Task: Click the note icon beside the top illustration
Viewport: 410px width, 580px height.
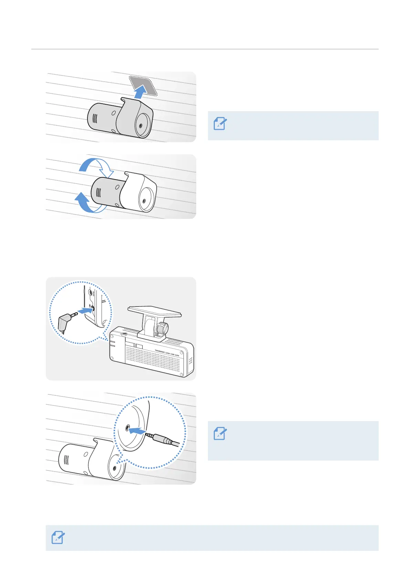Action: (220, 124)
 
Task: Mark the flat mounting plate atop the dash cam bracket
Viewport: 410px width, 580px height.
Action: (155, 311)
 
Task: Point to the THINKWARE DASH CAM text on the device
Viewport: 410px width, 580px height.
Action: (167, 352)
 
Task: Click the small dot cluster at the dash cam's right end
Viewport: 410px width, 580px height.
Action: (191, 361)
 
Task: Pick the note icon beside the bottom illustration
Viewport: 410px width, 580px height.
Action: (220, 434)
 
